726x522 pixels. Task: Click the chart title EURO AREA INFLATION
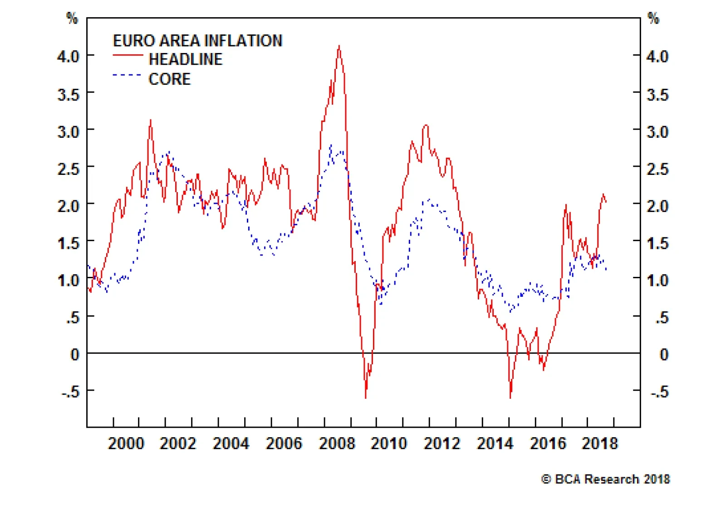197,41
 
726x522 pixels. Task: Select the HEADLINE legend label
186,59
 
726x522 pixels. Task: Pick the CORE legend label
169,79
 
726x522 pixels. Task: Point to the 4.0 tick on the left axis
68,57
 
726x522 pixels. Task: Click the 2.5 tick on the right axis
657,169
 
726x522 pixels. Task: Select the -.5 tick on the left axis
70,391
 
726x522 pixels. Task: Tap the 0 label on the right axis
663,354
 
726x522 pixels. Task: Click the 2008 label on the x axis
337,443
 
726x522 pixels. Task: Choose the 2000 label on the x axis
126,443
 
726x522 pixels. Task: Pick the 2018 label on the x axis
600,443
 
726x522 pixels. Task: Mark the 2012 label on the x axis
442,443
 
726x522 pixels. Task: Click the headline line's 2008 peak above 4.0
339,46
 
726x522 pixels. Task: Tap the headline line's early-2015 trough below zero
510,397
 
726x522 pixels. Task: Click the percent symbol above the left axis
72,19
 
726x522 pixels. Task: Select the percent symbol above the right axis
653,19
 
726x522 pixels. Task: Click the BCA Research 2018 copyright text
605,479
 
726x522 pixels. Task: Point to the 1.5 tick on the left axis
68,243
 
